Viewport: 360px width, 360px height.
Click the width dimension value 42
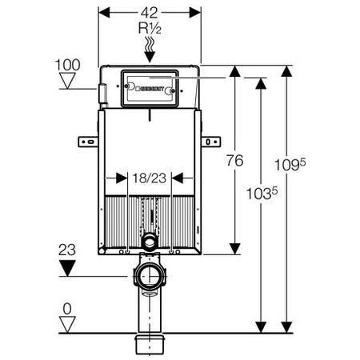[150, 13]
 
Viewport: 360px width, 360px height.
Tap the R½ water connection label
[150, 28]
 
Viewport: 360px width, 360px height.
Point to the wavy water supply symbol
[150, 44]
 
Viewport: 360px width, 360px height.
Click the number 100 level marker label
[67, 65]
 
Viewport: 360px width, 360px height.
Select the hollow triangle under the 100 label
[67, 81]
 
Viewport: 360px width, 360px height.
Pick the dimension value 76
[235, 160]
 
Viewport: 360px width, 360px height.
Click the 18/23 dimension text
[150, 178]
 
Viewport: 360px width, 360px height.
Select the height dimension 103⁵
[262, 193]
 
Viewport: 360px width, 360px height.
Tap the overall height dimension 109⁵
[290, 164]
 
